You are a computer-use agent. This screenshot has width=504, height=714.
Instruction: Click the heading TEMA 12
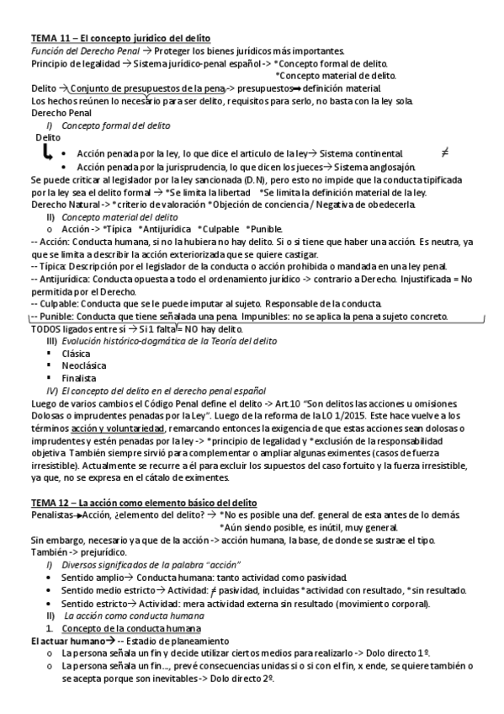pos(138,502)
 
